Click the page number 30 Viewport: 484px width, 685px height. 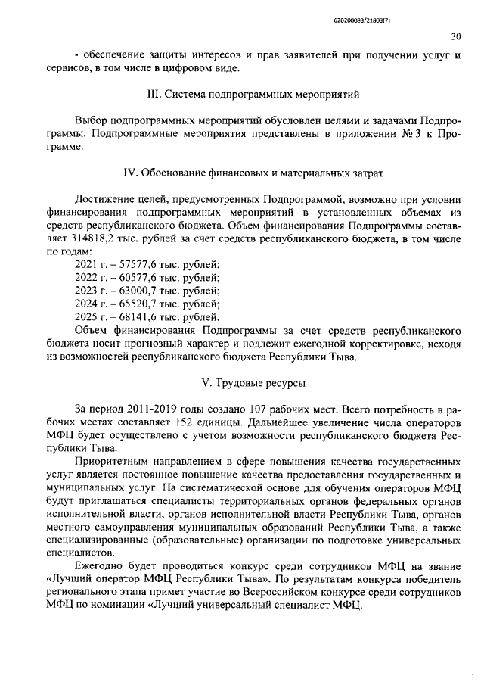455,35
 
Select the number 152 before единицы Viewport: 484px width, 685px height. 181,421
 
